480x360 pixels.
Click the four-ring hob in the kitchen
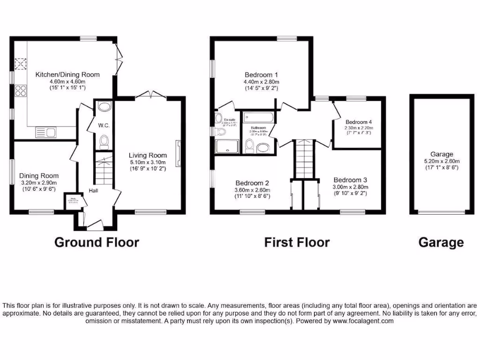click(21, 90)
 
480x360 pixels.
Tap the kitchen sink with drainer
click(45, 133)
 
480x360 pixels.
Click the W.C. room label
click(103, 125)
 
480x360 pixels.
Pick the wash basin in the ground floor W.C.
click(104, 107)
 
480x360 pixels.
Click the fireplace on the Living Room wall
click(178, 153)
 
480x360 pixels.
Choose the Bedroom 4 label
click(359, 121)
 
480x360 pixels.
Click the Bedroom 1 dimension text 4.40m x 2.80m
click(261, 82)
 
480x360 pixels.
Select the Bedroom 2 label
click(252, 183)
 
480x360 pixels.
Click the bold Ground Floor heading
click(97, 242)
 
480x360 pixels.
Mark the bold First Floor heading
click(297, 242)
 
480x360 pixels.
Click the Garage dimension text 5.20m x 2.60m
click(442, 161)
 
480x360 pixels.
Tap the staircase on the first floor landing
click(303, 158)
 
